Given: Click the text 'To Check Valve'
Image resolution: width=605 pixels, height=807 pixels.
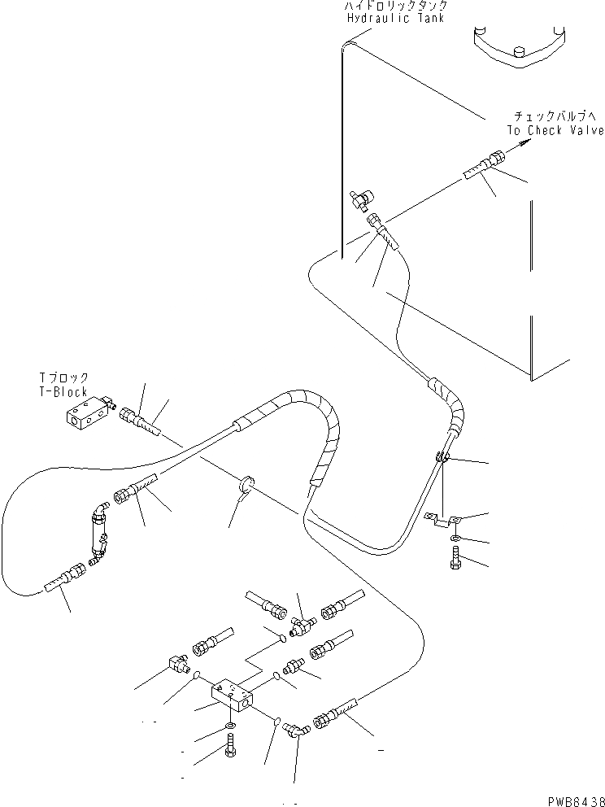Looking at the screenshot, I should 555,130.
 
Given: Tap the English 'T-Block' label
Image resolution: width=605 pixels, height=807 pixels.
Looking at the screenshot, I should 63,392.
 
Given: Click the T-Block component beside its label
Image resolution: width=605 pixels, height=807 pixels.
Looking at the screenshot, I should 86,413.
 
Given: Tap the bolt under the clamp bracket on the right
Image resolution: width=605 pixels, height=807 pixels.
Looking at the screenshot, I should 455,559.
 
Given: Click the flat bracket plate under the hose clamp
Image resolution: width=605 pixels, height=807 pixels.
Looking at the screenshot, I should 446,518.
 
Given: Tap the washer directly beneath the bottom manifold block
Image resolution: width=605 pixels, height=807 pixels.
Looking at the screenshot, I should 230,723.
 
